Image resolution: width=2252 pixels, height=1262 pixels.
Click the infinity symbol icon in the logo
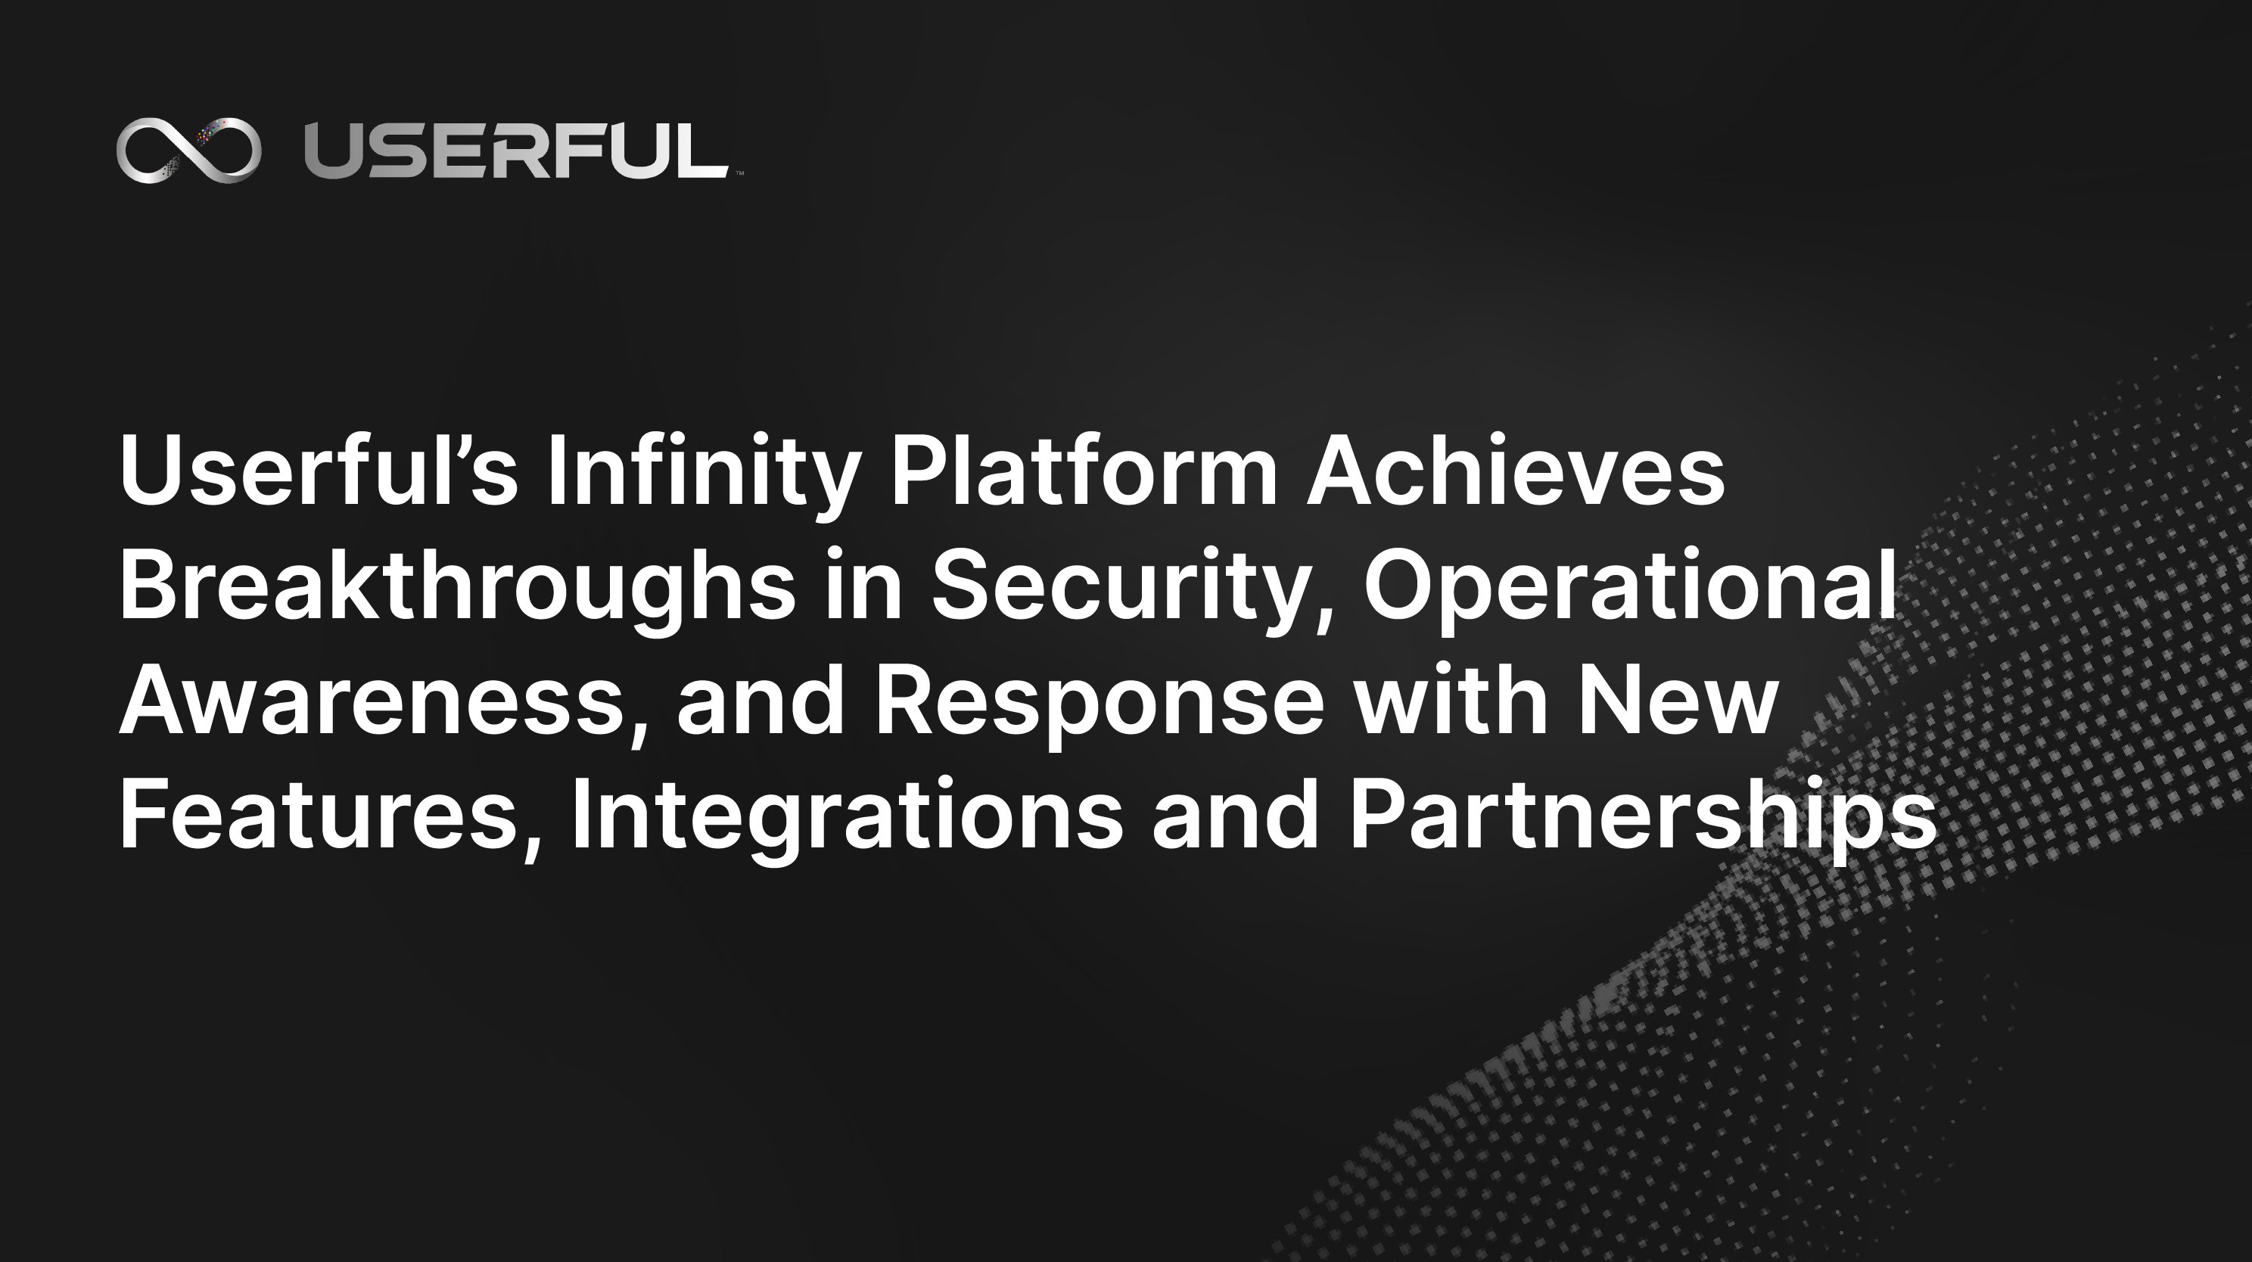pyautogui.click(x=189, y=151)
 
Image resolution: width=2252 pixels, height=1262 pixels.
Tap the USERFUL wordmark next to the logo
pyautogui.click(x=516, y=151)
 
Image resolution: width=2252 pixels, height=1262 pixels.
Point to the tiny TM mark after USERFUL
pyautogui.click(x=739, y=174)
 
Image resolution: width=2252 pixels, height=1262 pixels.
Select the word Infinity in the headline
pyautogui.click(x=701, y=471)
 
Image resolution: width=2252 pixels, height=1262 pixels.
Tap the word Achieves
pyautogui.click(x=1515, y=471)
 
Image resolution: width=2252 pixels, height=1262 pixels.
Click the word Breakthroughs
pyautogui.click(x=456, y=586)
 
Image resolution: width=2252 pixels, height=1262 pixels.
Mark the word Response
pyautogui.click(x=1100, y=700)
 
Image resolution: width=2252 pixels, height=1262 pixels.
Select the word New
pyautogui.click(x=1678, y=700)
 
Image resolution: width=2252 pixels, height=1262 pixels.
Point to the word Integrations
pyautogui.click(x=846, y=815)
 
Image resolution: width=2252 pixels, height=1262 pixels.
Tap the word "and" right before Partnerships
pyautogui.click(x=1235, y=815)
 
